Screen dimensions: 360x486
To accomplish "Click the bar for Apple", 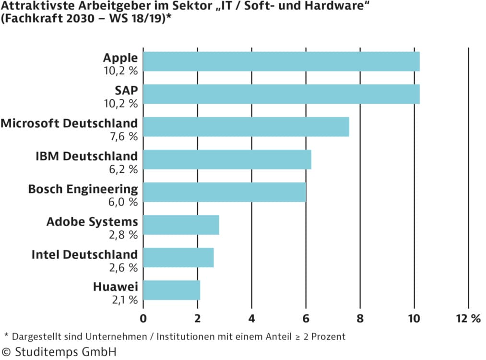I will (x=281, y=61).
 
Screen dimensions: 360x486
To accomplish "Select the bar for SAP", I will (x=281, y=94).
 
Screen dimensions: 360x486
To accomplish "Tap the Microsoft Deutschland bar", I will (x=246, y=127).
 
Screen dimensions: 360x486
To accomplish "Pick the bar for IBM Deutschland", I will (x=227, y=159).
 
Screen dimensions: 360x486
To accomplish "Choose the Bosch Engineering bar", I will (x=225, y=192).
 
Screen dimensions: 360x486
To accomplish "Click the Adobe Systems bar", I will (x=181, y=225).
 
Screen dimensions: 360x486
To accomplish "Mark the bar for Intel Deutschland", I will (x=178, y=257).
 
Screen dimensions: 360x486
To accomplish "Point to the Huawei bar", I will (x=171, y=290).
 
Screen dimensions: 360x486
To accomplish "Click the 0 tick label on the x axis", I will (x=143, y=318).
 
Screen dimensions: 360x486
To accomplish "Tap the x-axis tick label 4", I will (x=251, y=318).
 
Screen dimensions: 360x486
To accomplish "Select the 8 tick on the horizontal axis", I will (x=360, y=318).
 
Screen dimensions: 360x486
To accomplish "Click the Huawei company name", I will (x=115, y=287).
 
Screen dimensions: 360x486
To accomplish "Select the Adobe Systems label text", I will (x=92, y=222).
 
